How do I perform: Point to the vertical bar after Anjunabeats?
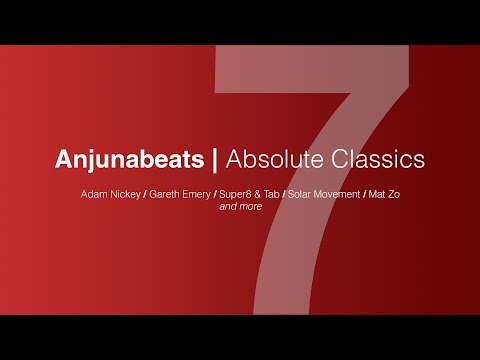[212, 159]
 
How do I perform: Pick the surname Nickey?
[125, 191]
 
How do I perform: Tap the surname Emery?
[197, 191]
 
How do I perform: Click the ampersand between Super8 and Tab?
[256, 191]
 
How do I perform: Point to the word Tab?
[270, 191]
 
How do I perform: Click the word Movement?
[339, 191]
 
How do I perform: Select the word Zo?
[401, 191]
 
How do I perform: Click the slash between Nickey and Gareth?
[144, 191]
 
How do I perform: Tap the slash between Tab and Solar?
[283, 191]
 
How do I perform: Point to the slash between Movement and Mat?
[368, 191]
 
